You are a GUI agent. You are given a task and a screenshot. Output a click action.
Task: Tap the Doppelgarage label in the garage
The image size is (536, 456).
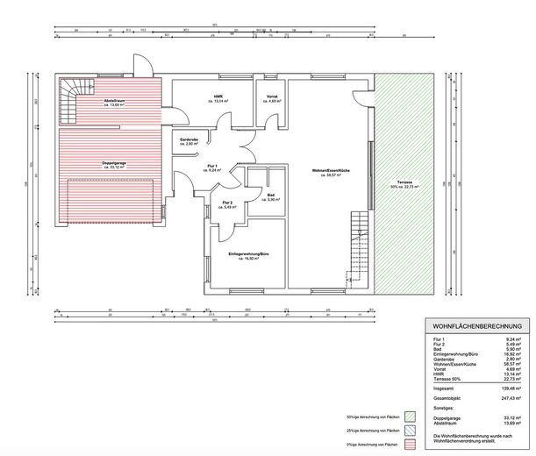(111, 165)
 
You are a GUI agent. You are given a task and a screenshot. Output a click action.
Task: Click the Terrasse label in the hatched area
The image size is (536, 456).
(402, 185)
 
